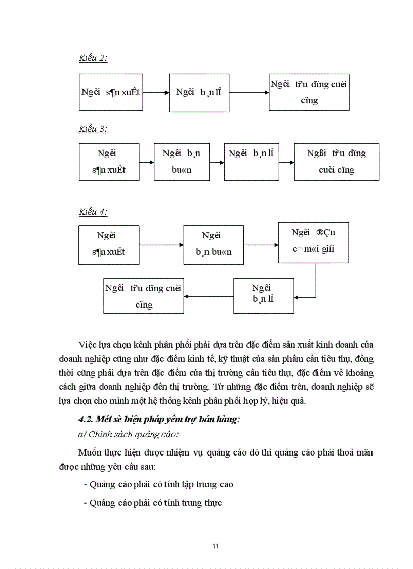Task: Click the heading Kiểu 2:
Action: pos(93,58)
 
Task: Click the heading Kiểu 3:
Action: pos(93,129)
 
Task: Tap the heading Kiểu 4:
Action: pos(93,212)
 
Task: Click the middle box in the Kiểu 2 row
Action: pos(199,92)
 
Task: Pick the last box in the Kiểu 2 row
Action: pos(309,92)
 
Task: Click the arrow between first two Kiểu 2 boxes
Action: pos(155,93)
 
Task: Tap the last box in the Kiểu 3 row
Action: pos(336,162)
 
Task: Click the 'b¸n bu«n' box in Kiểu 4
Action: pos(214,245)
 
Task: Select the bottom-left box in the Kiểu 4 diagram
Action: pos(144,296)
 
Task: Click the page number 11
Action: pos(216,546)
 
